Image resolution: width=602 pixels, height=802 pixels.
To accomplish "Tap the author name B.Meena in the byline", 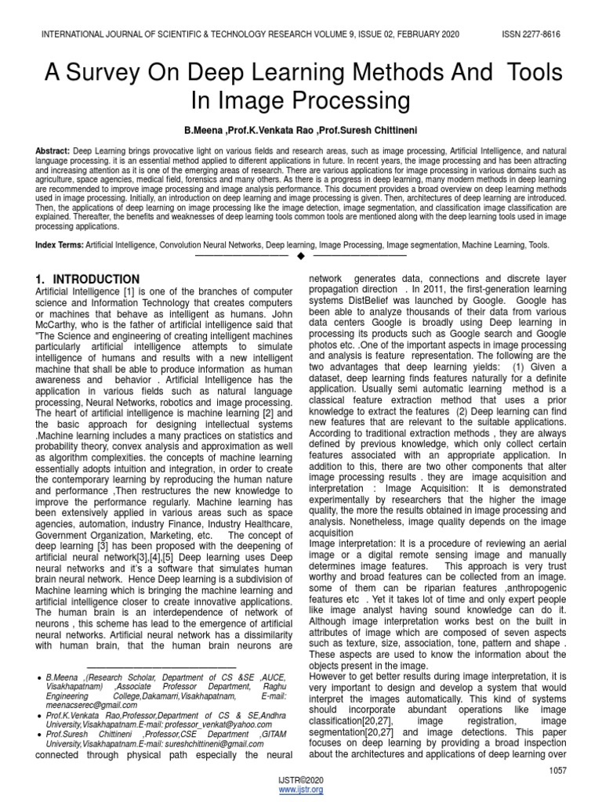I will point(205,127).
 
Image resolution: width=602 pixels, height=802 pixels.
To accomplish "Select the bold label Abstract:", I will point(52,150).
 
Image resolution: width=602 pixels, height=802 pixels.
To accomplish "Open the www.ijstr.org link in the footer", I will point(301,789).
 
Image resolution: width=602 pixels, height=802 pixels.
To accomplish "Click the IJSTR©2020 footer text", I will point(301,781).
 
